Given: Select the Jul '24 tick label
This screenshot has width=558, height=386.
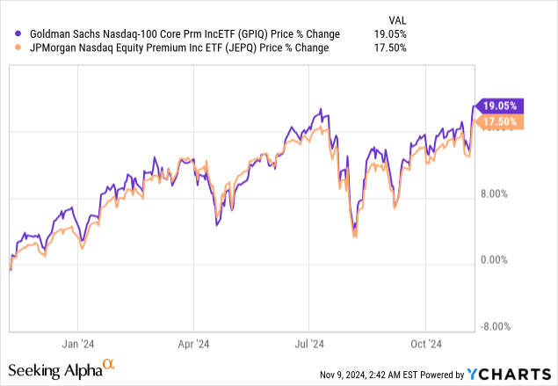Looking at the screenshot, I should pos(308,344).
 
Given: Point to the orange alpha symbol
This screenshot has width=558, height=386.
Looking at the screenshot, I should pos(109,363).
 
